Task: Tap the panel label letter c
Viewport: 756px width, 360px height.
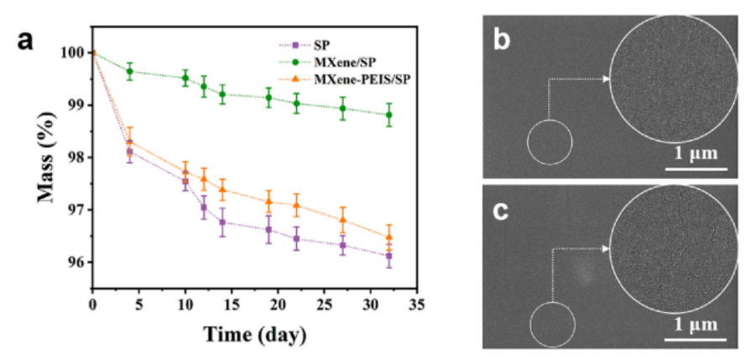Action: coord(503,211)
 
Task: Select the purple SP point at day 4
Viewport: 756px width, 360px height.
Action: coord(129,152)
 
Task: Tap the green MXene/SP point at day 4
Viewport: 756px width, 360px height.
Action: coord(129,71)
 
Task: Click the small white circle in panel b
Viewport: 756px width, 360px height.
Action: coord(549,142)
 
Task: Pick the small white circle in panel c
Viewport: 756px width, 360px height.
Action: coord(553,325)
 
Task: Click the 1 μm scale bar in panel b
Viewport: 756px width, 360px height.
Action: coord(696,169)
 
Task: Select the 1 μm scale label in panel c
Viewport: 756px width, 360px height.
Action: coord(696,323)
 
